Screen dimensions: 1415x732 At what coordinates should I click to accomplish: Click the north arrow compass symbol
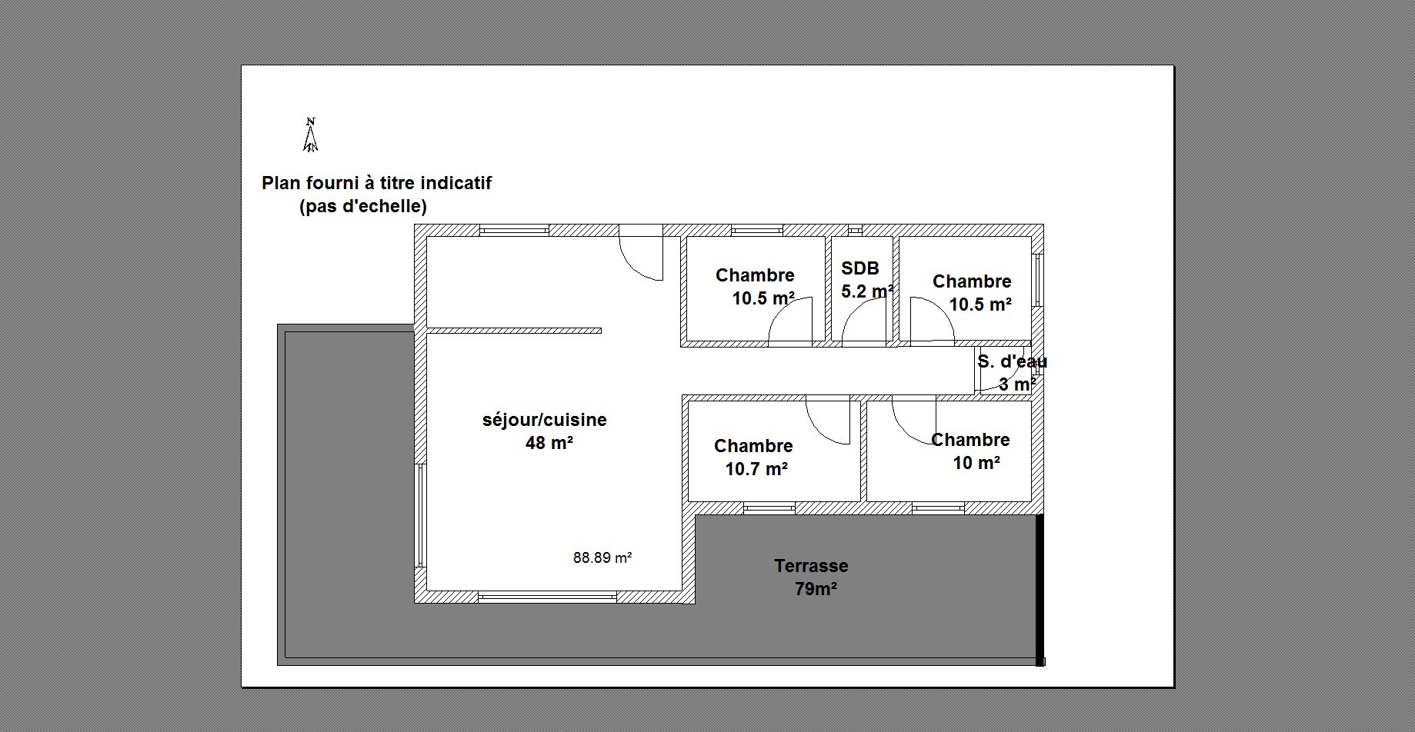coord(311,135)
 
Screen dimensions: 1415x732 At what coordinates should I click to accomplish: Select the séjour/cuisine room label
coord(545,421)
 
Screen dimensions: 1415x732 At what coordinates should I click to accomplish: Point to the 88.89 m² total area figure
coord(602,558)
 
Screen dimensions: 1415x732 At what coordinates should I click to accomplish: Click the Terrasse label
coord(811,566)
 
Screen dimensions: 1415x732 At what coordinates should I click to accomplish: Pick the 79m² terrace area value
coord(816,590)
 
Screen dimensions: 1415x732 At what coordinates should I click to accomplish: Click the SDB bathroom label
coord(860,268)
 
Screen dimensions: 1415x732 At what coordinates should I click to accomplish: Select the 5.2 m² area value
coord(868,291)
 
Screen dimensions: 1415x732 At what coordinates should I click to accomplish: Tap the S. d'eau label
coord(1012,361)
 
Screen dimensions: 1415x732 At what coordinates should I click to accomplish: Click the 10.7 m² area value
coord(756,469)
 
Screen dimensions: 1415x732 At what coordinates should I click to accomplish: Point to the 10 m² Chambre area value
coord(976,463)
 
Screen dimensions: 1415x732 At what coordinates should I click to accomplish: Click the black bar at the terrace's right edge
coord(1040,590)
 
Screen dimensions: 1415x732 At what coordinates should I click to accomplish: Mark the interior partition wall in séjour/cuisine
coord(514,331)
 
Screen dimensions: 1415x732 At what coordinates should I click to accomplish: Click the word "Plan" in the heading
coord(282,184)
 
